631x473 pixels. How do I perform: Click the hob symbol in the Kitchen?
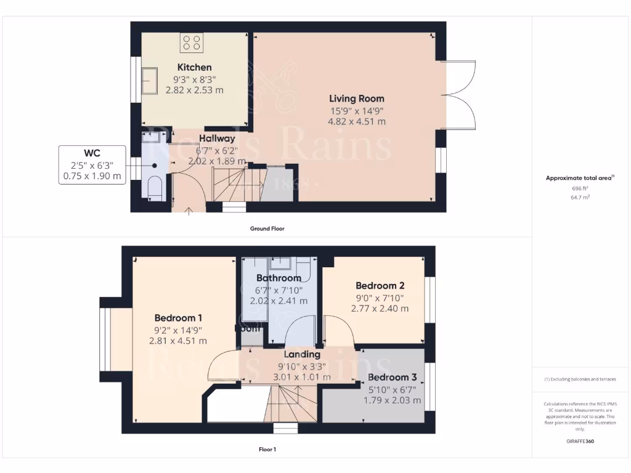pos(192,42)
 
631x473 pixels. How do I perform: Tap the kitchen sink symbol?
pos(149,79)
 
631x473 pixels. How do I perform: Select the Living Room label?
pos(356,99)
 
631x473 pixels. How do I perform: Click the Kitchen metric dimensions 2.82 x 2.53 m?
pos(194,90)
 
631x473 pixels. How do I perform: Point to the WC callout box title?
pos(92,153)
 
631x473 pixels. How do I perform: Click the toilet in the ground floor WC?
pos(155,187)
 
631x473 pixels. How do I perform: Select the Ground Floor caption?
pos(267,228)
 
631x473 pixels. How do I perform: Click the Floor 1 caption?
pos(267,450)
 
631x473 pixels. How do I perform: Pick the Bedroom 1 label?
pos(178,318)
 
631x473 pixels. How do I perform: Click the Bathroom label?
pos(278,278)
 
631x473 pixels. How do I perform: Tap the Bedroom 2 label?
pos(380,286)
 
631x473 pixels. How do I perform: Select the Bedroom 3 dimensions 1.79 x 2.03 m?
pos(394,400)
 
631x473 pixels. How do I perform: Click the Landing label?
pos(301,355)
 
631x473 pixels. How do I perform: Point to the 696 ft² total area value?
pos(581,188)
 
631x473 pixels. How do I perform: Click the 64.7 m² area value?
pos(581,198)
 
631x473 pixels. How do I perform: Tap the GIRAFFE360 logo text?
pos(581,441)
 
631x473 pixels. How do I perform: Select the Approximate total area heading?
pos(580,178)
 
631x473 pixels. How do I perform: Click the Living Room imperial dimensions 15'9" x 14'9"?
pos(356,111)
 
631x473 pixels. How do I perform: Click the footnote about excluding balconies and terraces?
pos(580,379)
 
